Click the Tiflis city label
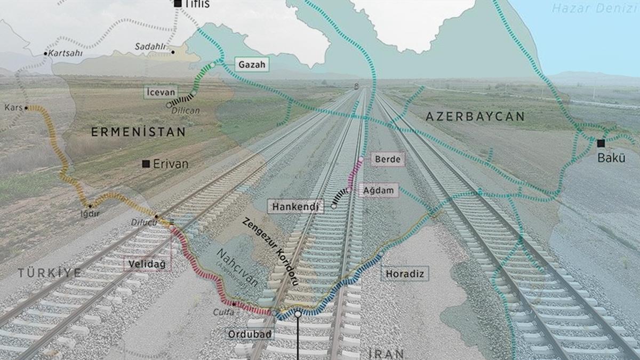coord(197,4)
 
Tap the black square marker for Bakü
coord(601,143)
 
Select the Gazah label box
coord(251,65)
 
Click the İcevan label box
coord(161,92)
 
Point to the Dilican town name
coord(186,110)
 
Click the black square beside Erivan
coord(146,164)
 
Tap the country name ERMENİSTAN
coord(138,132)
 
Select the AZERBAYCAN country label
coord(475,116)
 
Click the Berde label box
coord(387,159)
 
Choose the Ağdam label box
coord(378,190)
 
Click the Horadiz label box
coord(405,274)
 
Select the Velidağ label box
coord(147,263)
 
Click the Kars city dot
coord(26,107)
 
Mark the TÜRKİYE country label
coord(50,273)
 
